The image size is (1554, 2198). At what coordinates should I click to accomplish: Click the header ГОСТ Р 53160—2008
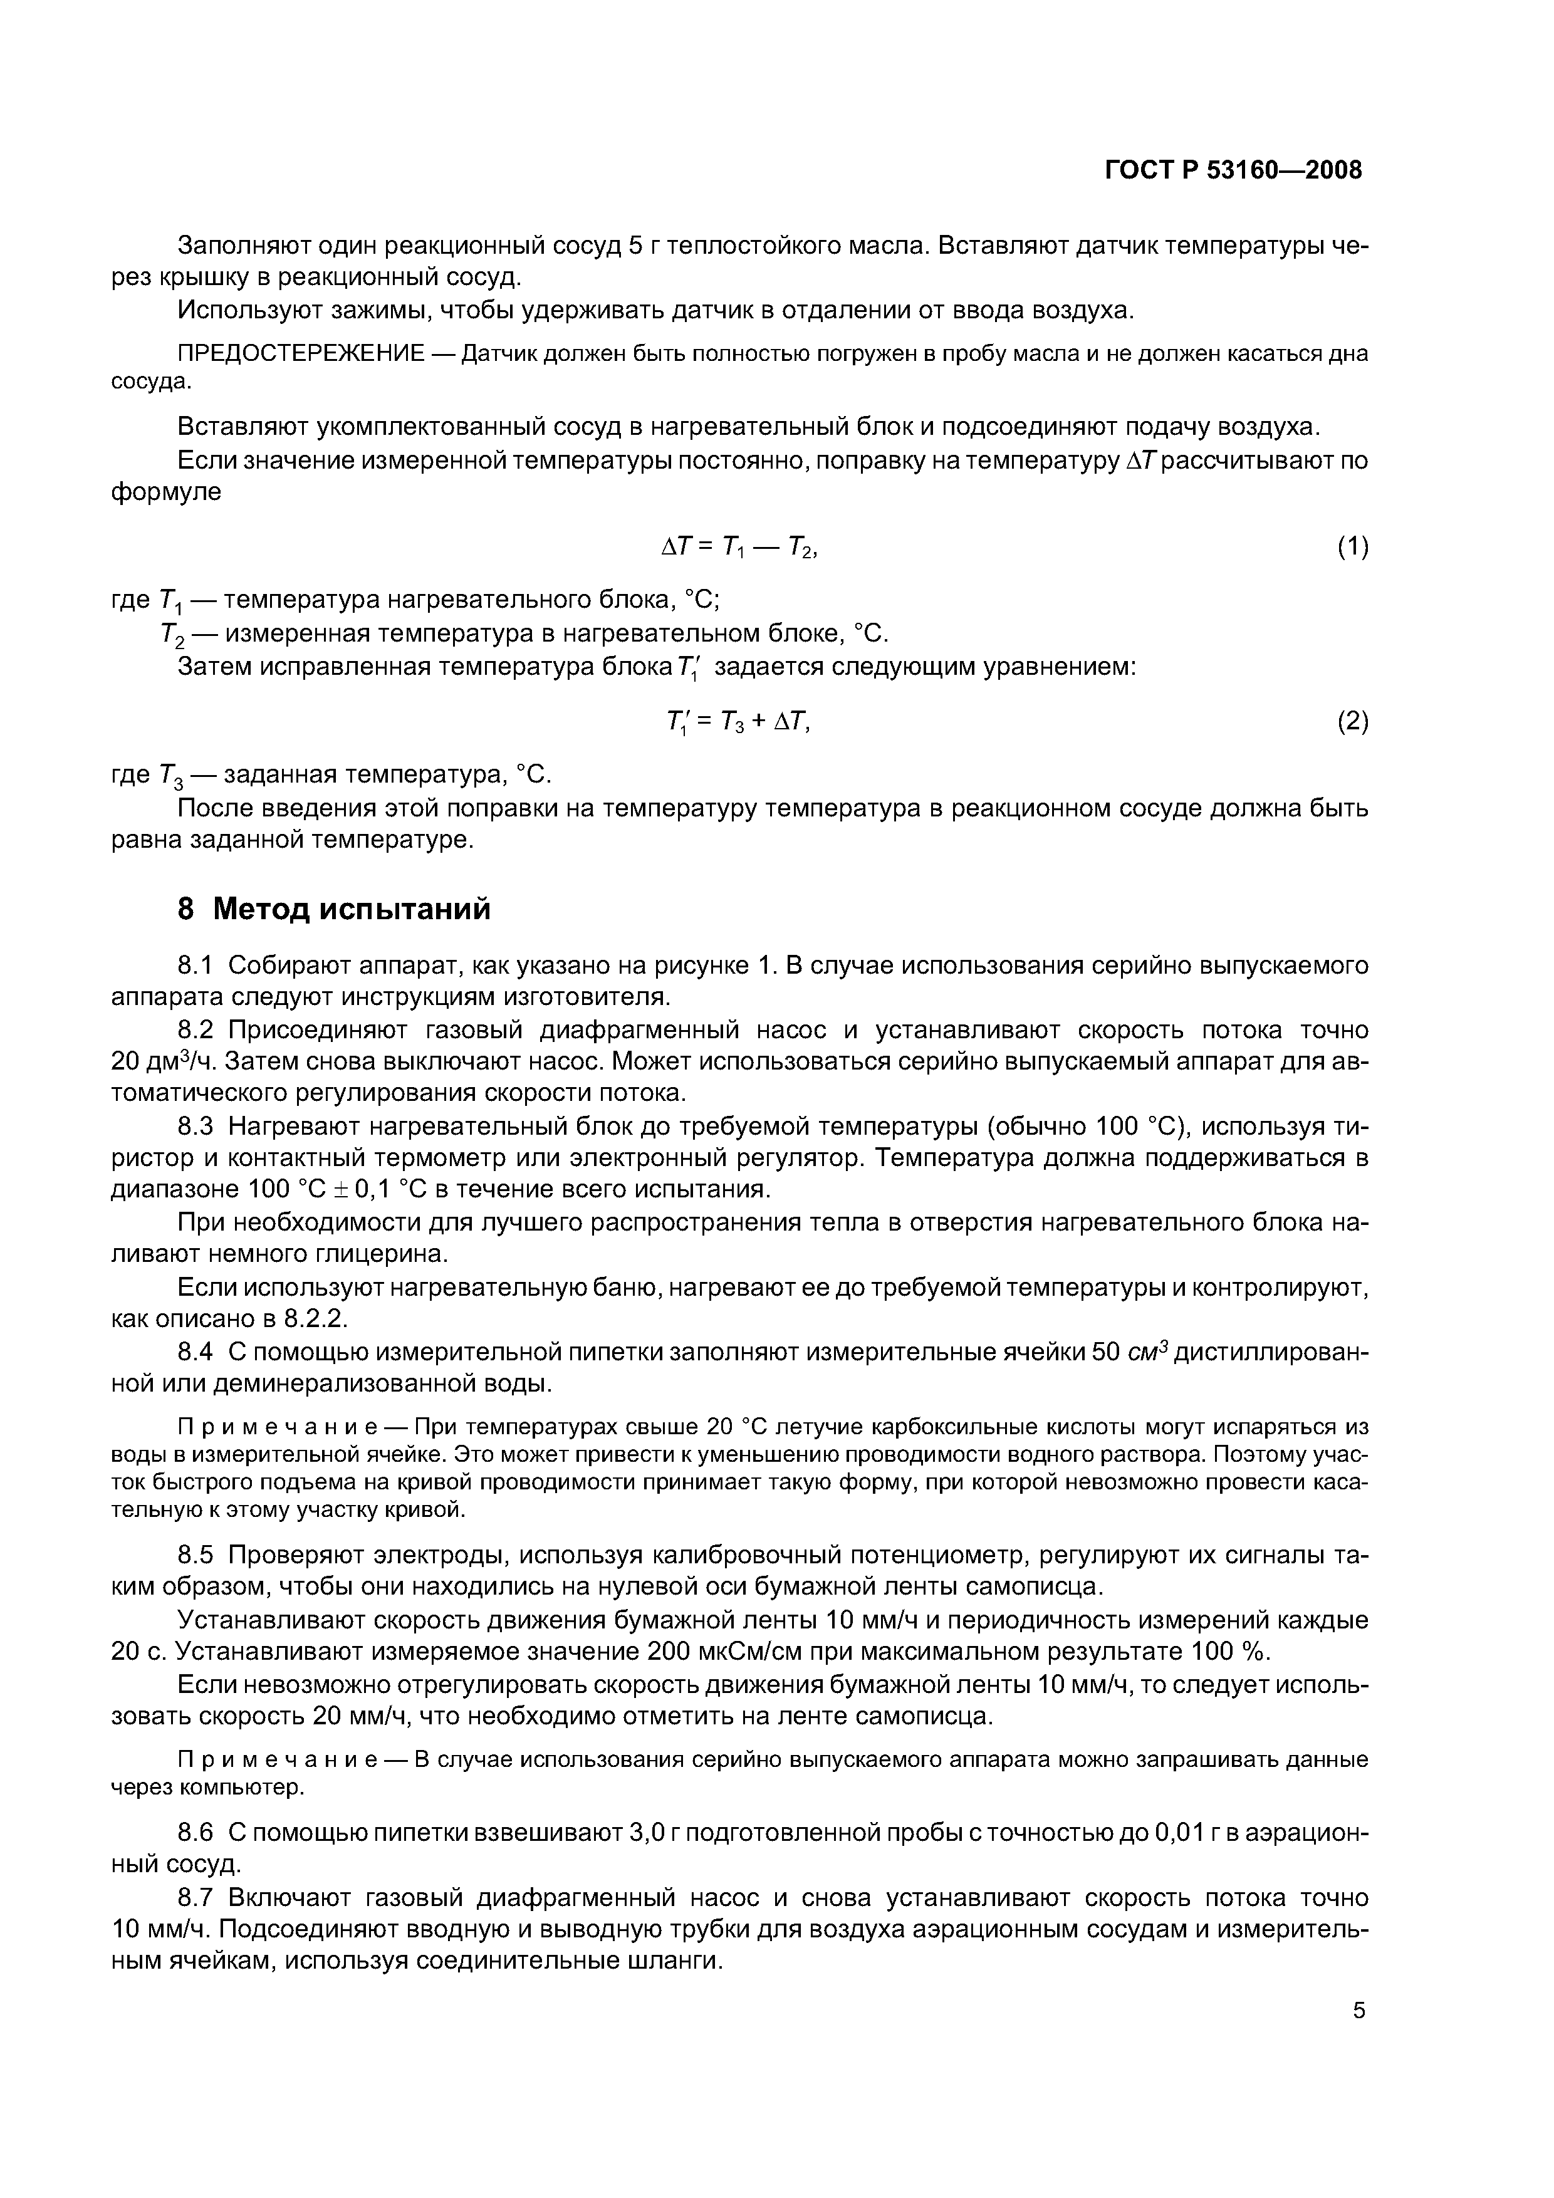click(x=1233, y=170)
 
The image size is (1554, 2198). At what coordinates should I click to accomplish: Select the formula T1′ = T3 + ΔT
click(x=738, y=722)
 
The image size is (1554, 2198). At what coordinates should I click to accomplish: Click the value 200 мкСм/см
click(x=738, y=1652)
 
